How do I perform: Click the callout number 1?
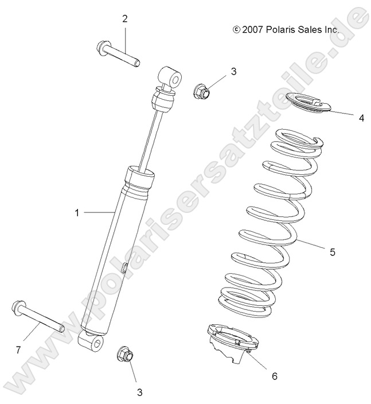pos(76,213)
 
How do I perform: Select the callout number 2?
pos(124,19)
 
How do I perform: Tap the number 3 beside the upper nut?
pos(217,72)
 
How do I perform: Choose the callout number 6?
pos(274,376)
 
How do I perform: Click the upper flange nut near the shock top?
pos(200,90)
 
